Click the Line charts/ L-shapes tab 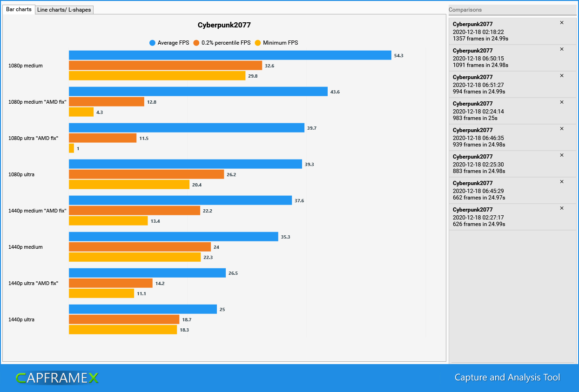coord(64,10)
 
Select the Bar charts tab coord(19,9)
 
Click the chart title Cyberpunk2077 coord(224,25)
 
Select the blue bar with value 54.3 coord(230,55)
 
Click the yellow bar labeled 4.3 coord(81,112)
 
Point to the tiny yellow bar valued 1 coord(71,148)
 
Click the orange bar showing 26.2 coord(146,174)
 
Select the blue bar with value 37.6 coord(180,200)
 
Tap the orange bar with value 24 coord(140,247)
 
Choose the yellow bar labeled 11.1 coord(101,293)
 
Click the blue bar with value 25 coord(143,309)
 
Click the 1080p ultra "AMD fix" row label coord(33,138)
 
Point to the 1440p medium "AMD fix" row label coord(37,211)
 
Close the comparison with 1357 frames coord(561,23)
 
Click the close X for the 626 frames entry coord(561,208)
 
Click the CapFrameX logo coord(57,378)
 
